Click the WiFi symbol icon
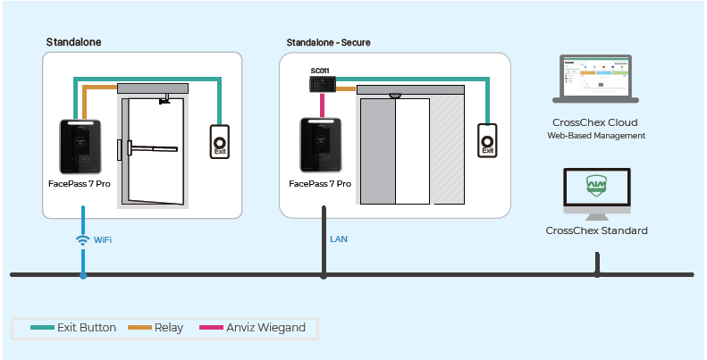82,240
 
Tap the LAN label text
339,239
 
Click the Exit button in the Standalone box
219,142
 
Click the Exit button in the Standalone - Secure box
487,140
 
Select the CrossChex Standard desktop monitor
597,192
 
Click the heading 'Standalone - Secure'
328,42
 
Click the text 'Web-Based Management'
596,136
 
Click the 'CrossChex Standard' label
596,230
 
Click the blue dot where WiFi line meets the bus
82,275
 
